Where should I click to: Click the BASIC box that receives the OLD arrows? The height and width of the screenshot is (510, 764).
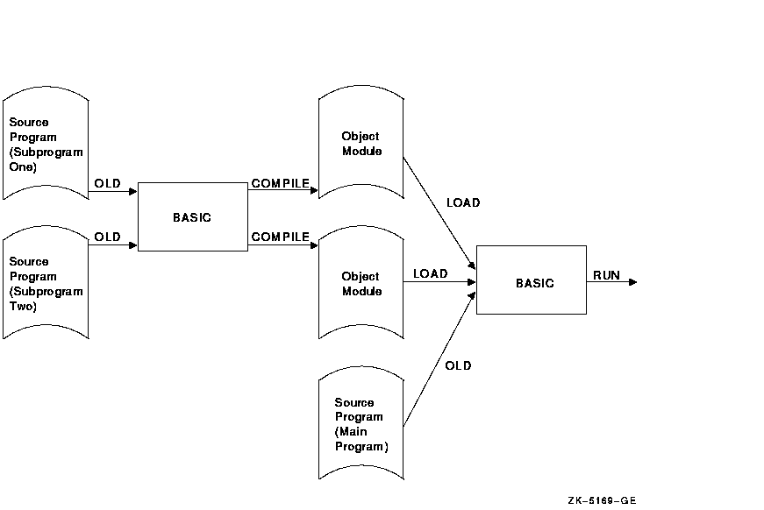[192, 216]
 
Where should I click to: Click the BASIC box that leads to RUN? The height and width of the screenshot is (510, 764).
[532, 280]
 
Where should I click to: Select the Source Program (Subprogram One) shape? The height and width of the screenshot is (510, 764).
[46, 144]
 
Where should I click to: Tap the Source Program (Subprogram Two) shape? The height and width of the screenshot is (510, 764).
[46, 283]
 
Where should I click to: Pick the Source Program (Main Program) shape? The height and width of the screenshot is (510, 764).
[360, 424]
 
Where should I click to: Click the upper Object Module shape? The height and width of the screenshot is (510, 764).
[361, 144]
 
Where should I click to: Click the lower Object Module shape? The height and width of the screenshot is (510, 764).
[361, 283]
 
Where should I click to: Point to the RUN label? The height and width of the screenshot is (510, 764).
[606, 275]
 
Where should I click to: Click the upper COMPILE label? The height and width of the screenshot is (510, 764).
[280, 184]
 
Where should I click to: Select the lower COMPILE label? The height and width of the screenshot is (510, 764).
[280, 237]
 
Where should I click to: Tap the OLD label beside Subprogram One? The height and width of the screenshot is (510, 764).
[108, 184]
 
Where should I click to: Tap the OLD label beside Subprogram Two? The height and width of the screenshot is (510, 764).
[108, 237]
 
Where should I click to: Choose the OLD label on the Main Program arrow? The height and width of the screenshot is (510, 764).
[458, 365]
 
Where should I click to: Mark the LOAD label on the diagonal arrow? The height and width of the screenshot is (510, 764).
[463, 202]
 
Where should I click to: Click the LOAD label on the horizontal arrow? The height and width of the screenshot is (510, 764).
[430, 274]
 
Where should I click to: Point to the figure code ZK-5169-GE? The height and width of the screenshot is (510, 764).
[602, 500]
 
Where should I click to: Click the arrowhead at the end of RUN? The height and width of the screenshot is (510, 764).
[632, 282]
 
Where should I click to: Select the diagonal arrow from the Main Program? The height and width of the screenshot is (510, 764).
[439, 360]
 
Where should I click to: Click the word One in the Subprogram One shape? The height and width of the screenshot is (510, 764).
[23, 167]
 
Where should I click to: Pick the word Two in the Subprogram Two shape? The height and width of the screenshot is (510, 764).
[23, 307]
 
